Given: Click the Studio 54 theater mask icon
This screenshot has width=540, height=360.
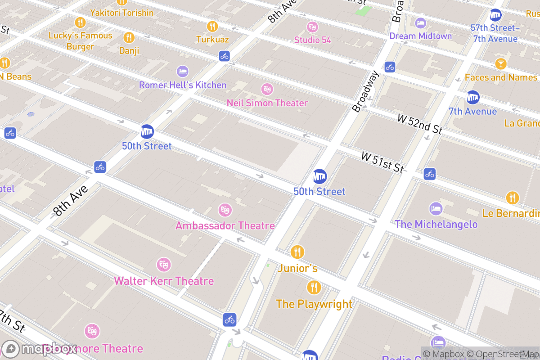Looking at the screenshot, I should coord(312,27).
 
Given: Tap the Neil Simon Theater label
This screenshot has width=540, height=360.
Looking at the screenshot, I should coord(267,103).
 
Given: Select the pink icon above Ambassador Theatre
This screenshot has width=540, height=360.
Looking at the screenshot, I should coord(225,210).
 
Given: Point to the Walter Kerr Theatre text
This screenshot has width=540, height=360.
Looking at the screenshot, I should coord(164,281).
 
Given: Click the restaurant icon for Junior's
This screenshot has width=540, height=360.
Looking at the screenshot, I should coord(297,252).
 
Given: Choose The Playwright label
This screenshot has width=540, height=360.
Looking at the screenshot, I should coord(314,304).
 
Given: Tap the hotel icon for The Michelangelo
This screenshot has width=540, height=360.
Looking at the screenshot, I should coord(436,209).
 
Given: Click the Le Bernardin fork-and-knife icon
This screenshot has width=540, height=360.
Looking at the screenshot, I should coord(512,198).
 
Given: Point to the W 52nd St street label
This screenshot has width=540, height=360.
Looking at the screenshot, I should coord(419,124).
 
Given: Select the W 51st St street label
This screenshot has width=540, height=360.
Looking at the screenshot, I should coord(382,162).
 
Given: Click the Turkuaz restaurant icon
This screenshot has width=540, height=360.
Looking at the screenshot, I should coord(212,27).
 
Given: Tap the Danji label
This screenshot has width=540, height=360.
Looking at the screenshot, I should coord(129,51).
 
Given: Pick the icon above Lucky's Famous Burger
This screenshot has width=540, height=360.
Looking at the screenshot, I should coord(80,22).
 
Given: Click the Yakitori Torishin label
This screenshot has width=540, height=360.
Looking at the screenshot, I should coord(121,13).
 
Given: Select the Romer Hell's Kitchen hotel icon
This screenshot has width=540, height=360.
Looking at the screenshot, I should coord(182,71).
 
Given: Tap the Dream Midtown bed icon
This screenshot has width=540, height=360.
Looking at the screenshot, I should coord(420,22).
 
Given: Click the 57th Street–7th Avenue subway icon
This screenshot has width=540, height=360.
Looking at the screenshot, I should coord(495,15).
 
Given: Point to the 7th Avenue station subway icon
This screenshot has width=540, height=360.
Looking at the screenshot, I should coord(472,97).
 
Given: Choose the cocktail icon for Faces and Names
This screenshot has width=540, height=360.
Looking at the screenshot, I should coord(500,63).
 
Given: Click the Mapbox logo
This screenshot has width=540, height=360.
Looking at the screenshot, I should coord(40,349).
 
